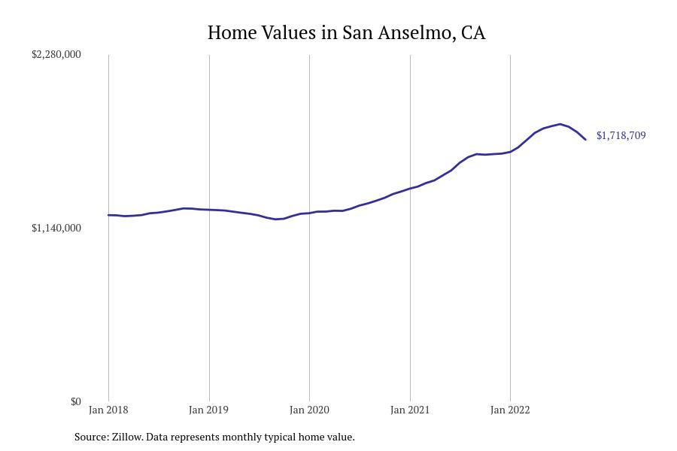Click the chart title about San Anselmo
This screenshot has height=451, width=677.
[346, 33]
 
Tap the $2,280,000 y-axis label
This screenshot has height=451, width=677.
[56, 55]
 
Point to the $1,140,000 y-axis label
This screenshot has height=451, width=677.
[56, 229]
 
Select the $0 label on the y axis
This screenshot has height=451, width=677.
[75, 402]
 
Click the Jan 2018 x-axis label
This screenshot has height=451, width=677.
[108, 410]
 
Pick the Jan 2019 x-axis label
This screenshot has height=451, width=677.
[208, 410]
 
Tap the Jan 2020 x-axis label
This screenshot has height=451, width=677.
[309, 410]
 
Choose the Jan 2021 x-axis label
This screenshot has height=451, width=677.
[410, 410]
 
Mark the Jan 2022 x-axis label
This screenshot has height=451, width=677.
[510, 410]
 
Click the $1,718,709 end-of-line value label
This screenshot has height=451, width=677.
[621, 136]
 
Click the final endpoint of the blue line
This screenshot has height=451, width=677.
[585, 139]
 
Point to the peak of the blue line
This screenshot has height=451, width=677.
[560, 124]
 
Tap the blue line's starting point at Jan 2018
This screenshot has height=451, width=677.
[108, 215]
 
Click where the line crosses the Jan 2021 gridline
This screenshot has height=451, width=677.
[410, 188]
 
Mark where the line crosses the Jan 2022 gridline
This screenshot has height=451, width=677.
[510, 151]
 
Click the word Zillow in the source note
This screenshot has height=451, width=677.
[127, 437]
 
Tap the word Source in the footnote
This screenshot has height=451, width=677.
[91, 437]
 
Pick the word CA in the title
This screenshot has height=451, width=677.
[473, 33]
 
